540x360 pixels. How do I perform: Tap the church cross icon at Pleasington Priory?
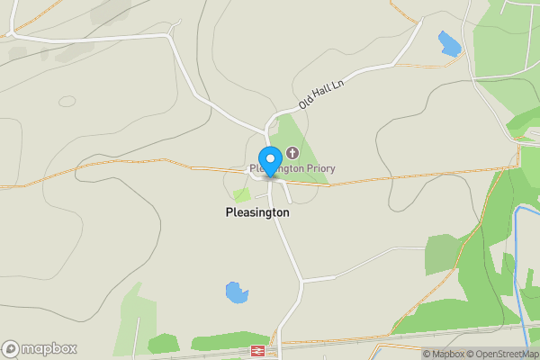point(292,151)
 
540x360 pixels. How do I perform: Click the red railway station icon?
point(257,351)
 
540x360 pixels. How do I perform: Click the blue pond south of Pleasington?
point(236,292)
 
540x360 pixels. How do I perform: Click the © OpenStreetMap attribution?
point(501,354)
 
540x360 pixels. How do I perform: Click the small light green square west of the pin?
point(241,194)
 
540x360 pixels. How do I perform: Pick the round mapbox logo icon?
point(11,349)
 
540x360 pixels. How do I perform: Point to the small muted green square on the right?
point(441,253)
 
